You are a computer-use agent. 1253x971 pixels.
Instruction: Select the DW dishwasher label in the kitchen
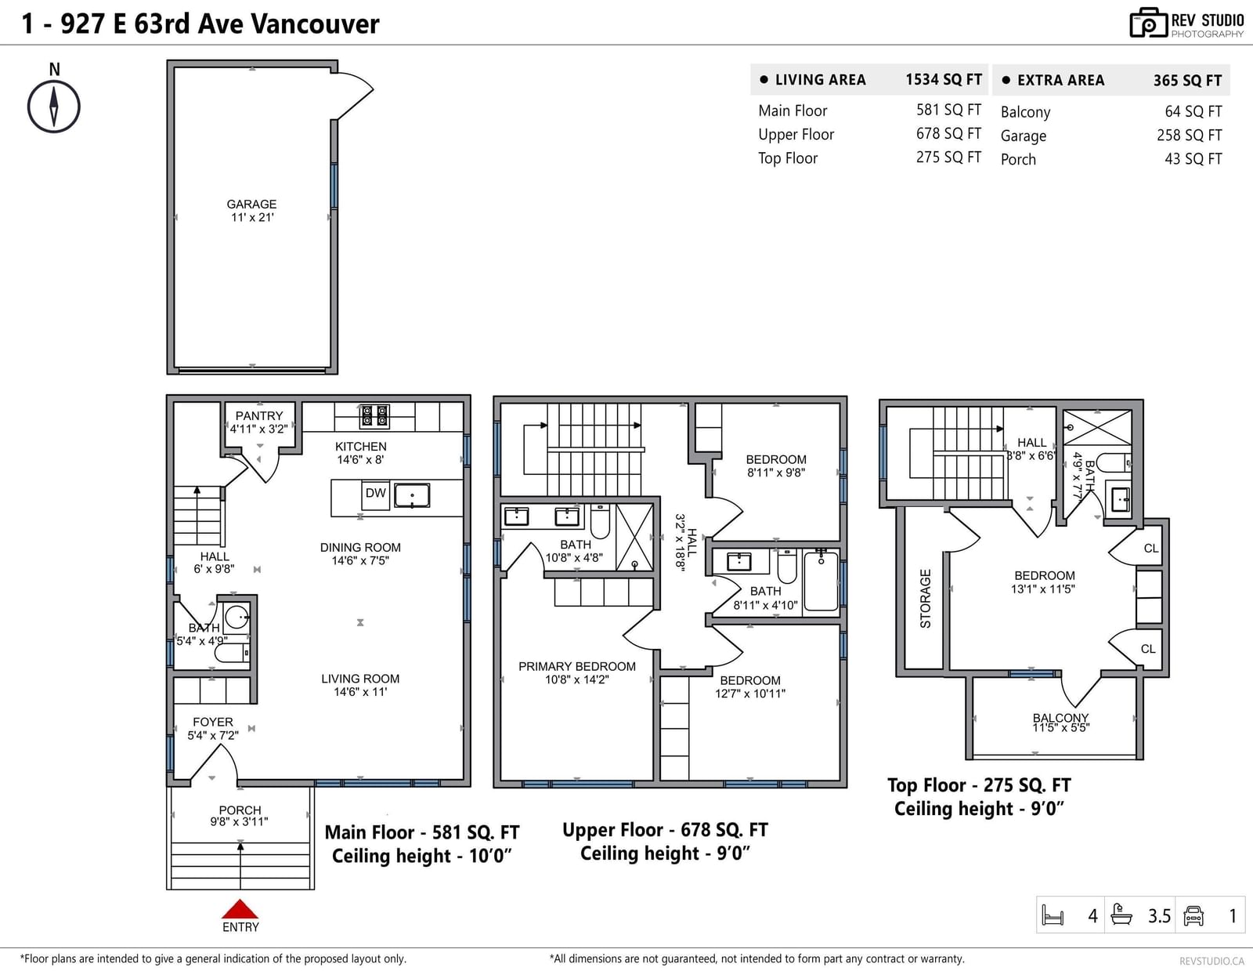click(x=375, y=493)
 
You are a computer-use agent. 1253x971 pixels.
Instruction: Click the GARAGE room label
click(x=251, y=205)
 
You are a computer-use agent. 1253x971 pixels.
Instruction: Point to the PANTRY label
click(x=259, y=416)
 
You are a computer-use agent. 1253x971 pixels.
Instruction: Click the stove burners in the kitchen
click(x=374, y=416)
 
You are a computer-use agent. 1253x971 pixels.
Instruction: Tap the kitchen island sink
click(x=412, y=495)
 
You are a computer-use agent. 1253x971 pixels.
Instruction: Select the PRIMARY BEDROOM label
click(x=577, y=666)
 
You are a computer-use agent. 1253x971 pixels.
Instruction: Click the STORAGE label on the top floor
click(x=926, y=598)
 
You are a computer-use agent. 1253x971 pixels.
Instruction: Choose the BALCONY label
click(x=1060, y=718)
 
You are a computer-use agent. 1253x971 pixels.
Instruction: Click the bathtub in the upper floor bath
click(x=821, y=581)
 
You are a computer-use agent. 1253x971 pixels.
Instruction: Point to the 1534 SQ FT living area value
click(x=944, y=80)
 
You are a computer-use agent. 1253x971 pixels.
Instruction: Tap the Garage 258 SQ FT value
click(x=1189, y=135)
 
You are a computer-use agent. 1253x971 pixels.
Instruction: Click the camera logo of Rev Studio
click(x=1149, y=23)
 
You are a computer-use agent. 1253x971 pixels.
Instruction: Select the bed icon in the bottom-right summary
click(x=1053, y=915)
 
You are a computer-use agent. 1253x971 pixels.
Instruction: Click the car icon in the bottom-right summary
click(x=1193, y=916)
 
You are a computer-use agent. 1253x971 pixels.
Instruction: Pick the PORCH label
click(x=240, y=810)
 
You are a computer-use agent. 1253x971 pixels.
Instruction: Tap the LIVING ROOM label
click(x=360, y=679)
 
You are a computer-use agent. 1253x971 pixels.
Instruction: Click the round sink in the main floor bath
click(x=237, y=618)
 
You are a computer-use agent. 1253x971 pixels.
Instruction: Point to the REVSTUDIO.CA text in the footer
click(x=1211, y=961)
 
